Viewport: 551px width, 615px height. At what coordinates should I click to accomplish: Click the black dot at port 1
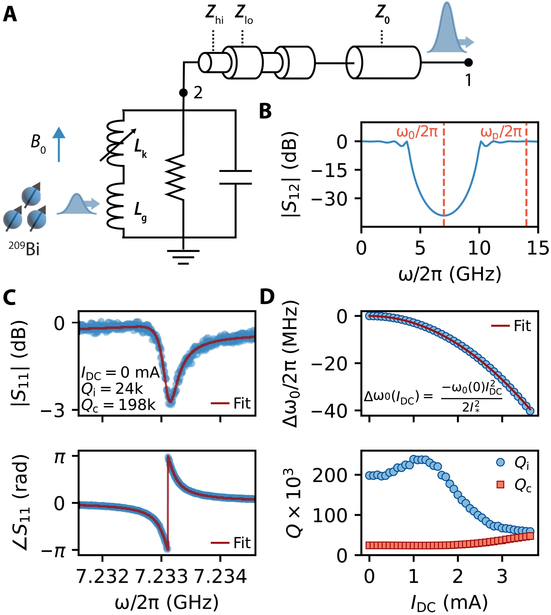click(468, 63)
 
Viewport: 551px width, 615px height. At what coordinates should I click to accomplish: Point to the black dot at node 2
click(183, 92)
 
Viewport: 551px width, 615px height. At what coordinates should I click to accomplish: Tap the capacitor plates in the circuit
click(235, 177)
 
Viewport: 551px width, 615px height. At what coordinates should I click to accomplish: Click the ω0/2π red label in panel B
click(417, 132)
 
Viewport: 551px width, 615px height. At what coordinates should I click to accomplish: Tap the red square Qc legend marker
click(500, 484)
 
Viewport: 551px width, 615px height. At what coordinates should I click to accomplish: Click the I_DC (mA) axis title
click(449, 603)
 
